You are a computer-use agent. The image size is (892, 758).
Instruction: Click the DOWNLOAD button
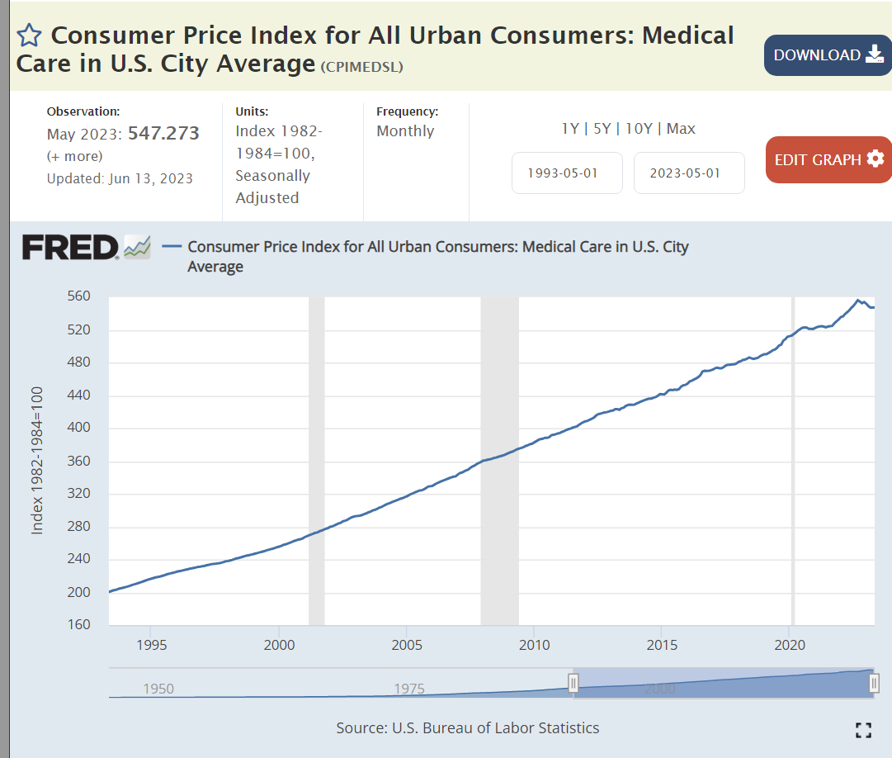[x=828, y=55]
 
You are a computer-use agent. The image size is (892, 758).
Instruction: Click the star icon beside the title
[x=29, y=36]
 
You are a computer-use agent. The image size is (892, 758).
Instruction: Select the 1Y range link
[x=570, y=129]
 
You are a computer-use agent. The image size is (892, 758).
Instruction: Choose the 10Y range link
[x=638, y=129]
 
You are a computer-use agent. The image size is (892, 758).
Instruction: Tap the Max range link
[x=681, y=129]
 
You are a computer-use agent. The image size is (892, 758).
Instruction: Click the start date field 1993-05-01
[x=567, y=173]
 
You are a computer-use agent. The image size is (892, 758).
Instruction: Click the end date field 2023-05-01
[x=689, y=173]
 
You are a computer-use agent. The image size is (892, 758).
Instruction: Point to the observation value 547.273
[x=163, y=134]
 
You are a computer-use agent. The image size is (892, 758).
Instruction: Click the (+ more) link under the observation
[x=75, y=156]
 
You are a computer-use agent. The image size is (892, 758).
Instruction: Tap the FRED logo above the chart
[x=70, y=247]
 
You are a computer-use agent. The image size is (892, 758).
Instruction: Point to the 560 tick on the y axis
[x=78, y=296]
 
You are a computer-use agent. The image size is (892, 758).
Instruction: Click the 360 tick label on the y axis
[x=78, y=461]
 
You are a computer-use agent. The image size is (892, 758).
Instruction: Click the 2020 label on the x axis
[x=790, y=645]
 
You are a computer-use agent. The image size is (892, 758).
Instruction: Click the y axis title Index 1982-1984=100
[x=37, y=461]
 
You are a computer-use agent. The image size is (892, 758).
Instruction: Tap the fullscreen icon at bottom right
[x=863, y=729]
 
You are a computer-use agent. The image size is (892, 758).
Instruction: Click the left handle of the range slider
[x=573, y=683]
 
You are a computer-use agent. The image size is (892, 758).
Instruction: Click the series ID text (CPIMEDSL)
[x=361, y=67]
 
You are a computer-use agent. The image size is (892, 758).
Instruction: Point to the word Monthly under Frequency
[x=405, y=131]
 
